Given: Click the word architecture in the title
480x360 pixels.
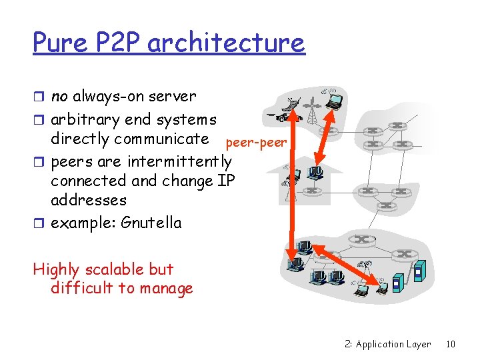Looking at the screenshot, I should click(x=226, y=43).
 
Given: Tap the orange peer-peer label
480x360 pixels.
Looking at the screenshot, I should click(x=256, y=143).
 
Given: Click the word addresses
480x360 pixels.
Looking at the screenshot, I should click(x=89, y=199).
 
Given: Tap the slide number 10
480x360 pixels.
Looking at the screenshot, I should click(x=451, y=344).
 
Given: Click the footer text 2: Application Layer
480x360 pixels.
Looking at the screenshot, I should click(x=388, y=344).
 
